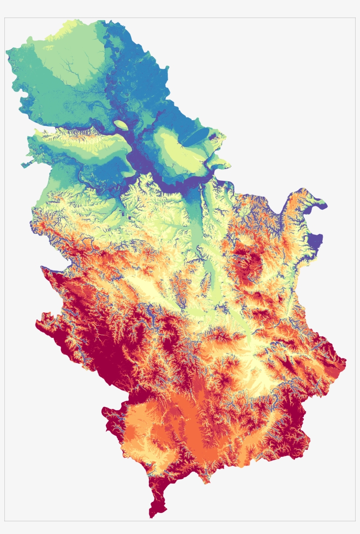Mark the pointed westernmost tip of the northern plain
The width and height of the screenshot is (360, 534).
point(7,52)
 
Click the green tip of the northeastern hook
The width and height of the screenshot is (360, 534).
point(324,203)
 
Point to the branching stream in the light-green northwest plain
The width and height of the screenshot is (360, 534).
point(70,70)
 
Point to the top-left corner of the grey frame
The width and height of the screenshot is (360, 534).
point(4,18)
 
